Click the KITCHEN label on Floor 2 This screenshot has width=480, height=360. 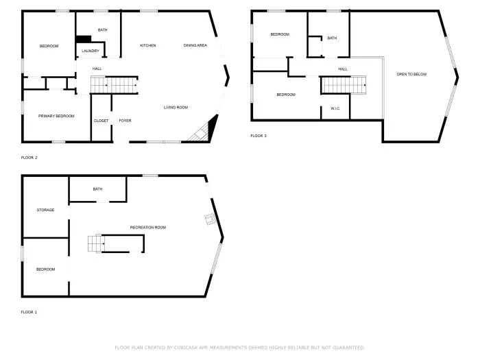pyautogui.click(x=147, y=46)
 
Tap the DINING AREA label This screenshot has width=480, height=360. pyautogui.click(x=195, y=46)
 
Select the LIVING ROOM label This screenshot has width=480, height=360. pyautogui.click(x=176, y=108)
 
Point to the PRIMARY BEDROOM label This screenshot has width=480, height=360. pyautogui.click(x=56, y=117)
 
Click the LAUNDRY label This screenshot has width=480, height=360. pyautogui.click(x=90, y=51)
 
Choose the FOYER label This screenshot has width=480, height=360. pyautogui.click(x=125, y=121)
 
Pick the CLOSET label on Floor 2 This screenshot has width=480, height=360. pyautogui.click(x=101, y=121)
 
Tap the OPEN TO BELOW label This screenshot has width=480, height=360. pyautogui.click(x=411, y=74)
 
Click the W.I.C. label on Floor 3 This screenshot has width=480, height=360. pyautogui.click(x=335, y=108)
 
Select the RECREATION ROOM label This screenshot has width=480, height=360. pyautogui.click(x=148, y=228)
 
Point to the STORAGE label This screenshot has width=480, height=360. pyautogui.click(x=45, y=210)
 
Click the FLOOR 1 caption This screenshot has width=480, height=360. pyautogui.click(x=29, y=312)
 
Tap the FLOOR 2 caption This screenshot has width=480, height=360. pyautogui.click(x=29, y=158)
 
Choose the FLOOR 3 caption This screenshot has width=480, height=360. pyautogui.click(x=258, y=136)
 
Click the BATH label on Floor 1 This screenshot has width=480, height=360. pyautogui.click(x=97, y=189)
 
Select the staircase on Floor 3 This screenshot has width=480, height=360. pyautogui.click(x=344, y=85)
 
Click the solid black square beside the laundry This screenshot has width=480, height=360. pyautogui.click(x=83, y=40)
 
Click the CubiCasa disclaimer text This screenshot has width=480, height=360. pyautogui.click(x=239, y=348)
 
